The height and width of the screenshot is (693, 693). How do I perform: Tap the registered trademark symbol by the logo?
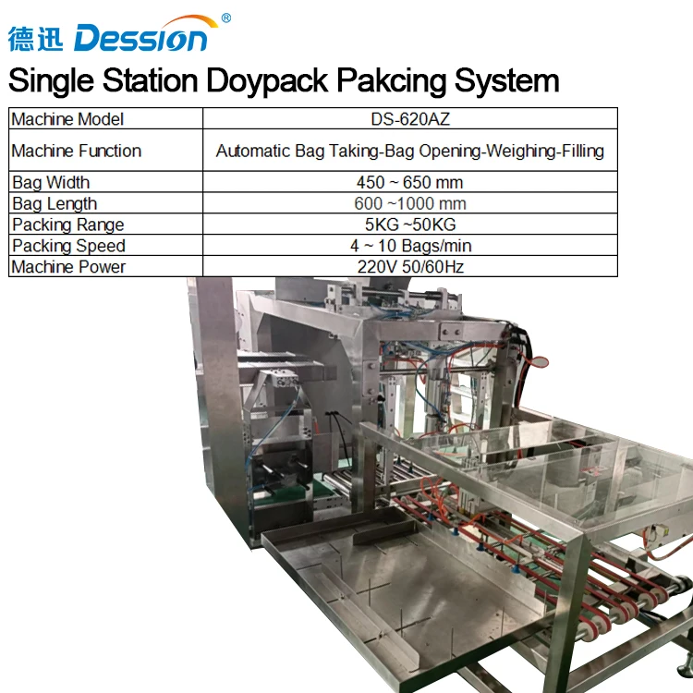(x=226, y=18)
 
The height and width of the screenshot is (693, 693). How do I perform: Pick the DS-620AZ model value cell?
(x=409, y=119)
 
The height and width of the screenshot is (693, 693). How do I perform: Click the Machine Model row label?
(x=67, y=119)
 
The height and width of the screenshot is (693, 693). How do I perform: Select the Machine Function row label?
(x=77, y=151)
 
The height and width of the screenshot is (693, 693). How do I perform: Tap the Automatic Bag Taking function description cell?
(x=409, y=151)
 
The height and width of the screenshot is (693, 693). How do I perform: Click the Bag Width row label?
(x=51, y=182)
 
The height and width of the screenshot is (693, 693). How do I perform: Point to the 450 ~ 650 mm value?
(x=409, y=182)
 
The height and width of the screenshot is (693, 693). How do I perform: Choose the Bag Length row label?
(x=55, y=203)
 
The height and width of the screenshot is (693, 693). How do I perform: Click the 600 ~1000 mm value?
(x=409, y=203)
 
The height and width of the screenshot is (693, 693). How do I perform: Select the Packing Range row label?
(x=67, y=225)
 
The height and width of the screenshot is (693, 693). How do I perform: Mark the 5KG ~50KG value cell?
(x=409, y=225)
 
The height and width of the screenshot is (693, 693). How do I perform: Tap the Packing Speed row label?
(x=68, y=246)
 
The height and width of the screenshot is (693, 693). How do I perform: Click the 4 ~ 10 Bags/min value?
(x=409, y=246)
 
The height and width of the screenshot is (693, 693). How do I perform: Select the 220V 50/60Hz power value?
(x=409, y=267)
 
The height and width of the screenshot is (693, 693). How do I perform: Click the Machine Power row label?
(x=68, y=267)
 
